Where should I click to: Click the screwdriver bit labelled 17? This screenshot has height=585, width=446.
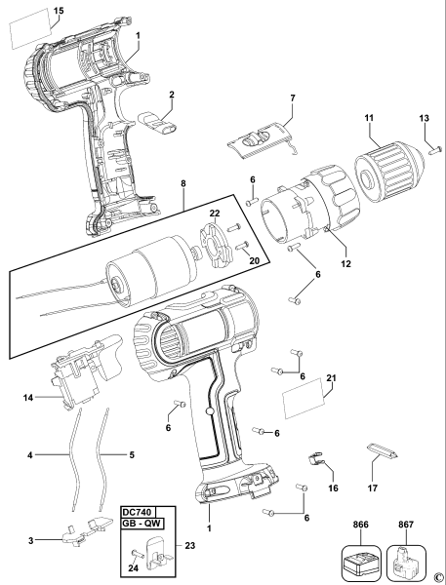tap(382, 450)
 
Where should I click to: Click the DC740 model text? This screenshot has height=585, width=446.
tap(140, 512)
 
